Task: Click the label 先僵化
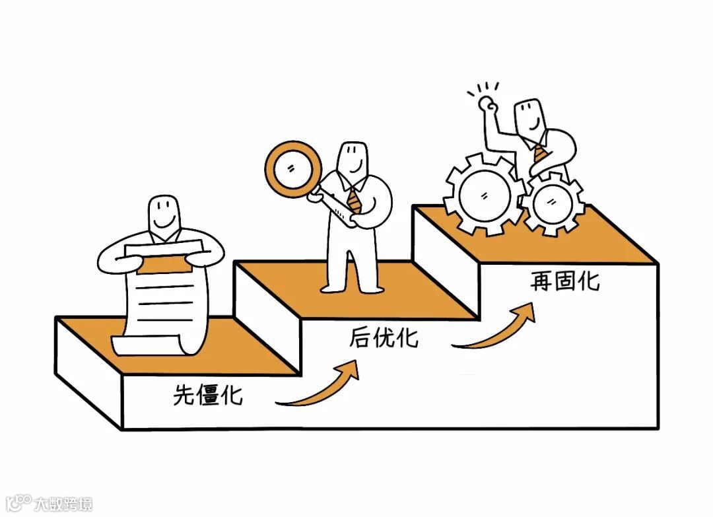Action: (x=207, y=396)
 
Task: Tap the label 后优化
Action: (x=384, y=338)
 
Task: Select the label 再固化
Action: (x=564, y=282)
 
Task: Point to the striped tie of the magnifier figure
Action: (x=355, y=199)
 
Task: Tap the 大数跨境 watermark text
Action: (x=63, y=504)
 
